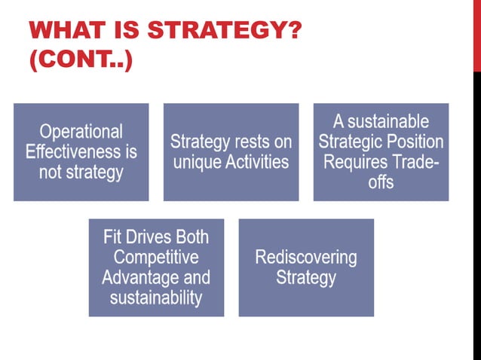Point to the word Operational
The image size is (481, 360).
point(81,132)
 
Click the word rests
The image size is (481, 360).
point(241,142)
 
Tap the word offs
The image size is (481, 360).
point(381,182)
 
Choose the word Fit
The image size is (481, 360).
point(114,237)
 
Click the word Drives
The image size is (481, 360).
point(149,237)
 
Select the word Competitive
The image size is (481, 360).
point(156,258)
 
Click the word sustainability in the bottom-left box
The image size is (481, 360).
point(156,297)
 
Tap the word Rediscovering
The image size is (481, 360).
point(305,258)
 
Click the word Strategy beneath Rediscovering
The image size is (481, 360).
point(305,277)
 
